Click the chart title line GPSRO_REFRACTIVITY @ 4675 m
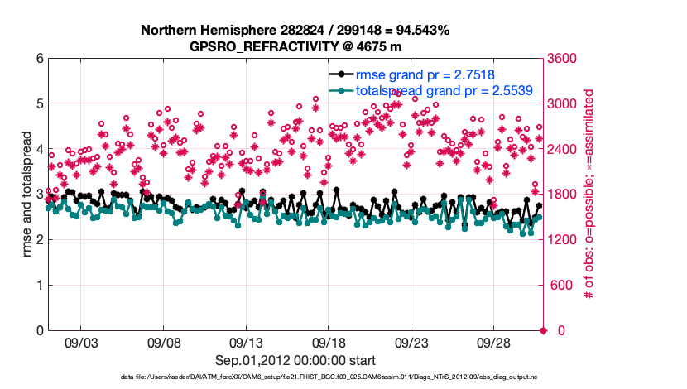295,46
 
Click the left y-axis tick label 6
40,59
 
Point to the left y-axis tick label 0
40,331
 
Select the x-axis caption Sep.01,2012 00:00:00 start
295,360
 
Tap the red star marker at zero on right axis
544,331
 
